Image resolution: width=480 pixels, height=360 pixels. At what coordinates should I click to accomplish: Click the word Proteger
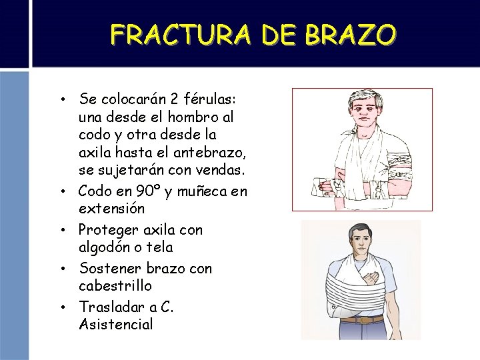107,231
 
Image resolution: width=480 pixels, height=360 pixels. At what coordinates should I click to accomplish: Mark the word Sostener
108,269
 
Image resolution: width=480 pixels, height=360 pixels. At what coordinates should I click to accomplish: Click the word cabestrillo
115,286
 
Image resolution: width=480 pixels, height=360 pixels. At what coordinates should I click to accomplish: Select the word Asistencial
115,325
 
